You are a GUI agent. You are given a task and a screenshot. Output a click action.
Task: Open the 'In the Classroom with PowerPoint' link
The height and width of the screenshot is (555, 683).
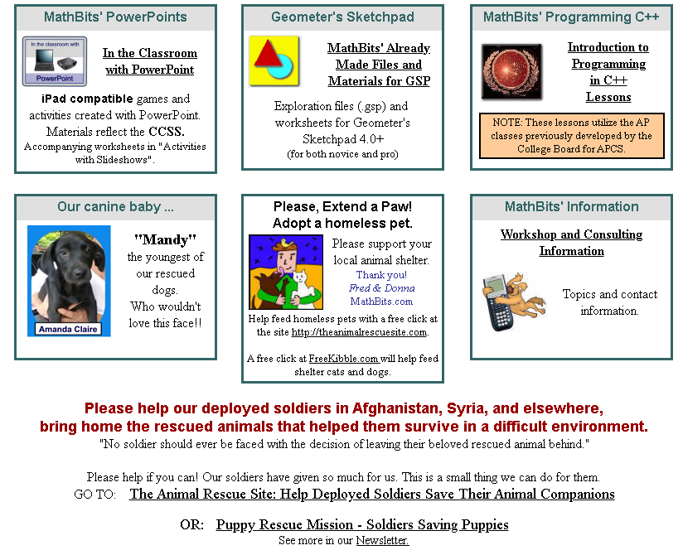[150, 61]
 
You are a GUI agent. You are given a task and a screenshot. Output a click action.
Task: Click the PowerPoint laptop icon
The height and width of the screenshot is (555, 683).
[55, 61]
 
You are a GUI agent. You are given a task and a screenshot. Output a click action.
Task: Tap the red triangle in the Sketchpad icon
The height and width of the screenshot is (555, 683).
[268, 54]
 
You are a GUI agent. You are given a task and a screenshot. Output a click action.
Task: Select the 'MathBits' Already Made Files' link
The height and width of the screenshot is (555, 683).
[379, 65]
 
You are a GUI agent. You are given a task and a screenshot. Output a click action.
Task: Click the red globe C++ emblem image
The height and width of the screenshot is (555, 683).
[511, 72]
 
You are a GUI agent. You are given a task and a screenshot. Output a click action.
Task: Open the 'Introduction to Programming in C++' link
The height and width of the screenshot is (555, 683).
[608, 72]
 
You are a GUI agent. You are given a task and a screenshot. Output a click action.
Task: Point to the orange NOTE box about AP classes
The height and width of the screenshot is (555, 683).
[571, 136]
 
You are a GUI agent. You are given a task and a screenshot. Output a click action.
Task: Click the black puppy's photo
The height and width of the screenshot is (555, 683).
[69, 281]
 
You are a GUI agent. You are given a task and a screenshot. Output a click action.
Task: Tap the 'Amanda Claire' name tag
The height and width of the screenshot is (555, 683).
[68, 329]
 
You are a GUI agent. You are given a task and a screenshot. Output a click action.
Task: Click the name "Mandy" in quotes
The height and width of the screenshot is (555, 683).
[166, 240]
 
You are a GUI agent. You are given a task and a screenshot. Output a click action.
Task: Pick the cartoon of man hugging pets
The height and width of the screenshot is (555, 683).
[286, 272]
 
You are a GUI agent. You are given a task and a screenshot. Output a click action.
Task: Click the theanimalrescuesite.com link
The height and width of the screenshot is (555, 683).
[359, 332]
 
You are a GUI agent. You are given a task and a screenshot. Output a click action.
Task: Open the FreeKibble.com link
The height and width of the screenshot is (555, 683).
[343, 359]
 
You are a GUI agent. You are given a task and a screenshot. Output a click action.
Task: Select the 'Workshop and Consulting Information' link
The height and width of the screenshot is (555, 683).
[571, 243]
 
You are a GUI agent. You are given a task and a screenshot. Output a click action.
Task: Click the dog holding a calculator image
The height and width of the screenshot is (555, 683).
[514, 302]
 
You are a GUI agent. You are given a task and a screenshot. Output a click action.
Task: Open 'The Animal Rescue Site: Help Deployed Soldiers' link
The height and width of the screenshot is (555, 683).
[372, 494]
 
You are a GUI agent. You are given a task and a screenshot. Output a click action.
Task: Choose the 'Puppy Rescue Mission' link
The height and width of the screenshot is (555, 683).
[362, 524]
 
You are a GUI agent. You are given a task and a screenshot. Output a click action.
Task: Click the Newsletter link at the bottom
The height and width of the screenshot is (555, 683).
[382, 541]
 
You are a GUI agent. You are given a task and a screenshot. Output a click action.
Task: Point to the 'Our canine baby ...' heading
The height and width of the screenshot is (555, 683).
[115, 207]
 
